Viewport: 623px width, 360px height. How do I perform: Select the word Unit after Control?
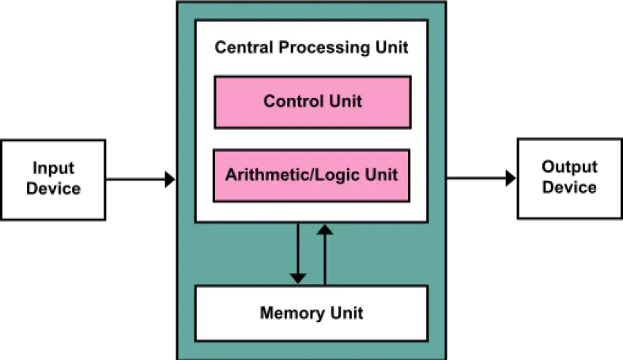click(345, 101)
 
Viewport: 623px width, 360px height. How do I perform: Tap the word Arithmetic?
click(259, 175)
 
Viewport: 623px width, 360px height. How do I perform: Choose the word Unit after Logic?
click(381, 175)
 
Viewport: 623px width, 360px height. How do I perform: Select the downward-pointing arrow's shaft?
click(297, 247)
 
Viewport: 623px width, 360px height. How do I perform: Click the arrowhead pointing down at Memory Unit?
click(297, 278)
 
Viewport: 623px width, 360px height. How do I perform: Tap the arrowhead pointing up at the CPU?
click(324, 229)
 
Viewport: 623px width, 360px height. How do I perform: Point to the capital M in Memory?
click(266, 313)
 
